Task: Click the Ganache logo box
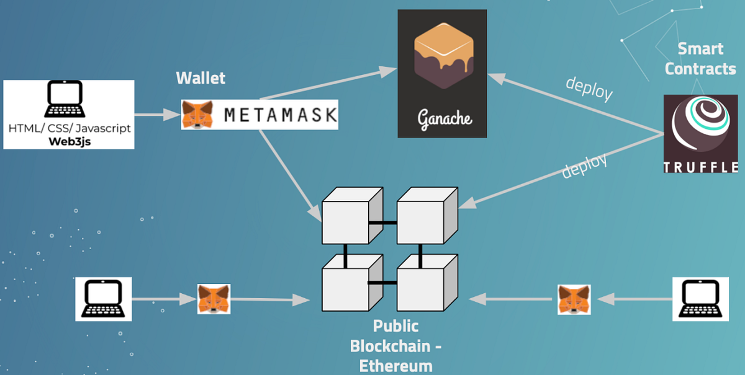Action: pos(443,73)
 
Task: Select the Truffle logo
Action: pos(701,134)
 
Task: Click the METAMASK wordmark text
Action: pos(280,115)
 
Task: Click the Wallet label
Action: pos(201,78)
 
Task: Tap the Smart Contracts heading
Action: pos(700,58)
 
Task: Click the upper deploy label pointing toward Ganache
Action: pos(589,89)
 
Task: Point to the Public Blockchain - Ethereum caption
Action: pos(395,345)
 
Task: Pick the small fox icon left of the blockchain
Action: pos(214,299)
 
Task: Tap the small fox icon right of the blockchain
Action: pos(574,299)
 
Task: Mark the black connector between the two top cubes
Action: pos(382,223)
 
